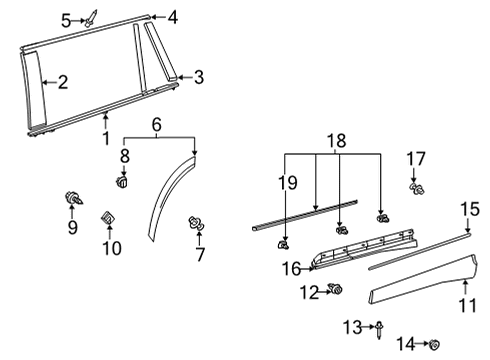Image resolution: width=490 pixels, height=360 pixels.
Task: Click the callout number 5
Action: click(x=65, y=19)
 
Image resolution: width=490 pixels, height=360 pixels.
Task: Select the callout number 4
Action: click(x=172, y=17)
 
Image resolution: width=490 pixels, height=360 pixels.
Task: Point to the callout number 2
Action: click(x=62, y=83)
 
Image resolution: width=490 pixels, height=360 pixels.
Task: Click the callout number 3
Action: click(x=198, y=77)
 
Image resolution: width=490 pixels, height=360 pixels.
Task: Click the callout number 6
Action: click(x=156, y=124)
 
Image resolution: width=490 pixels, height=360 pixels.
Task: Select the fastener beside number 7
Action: click(x=196, y=226)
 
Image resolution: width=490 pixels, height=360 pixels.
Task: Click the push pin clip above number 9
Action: click(x=73, y=197)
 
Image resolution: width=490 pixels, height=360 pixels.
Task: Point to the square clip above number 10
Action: click(x=109, y=218)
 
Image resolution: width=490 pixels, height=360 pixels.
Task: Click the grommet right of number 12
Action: click(x=336, y=291)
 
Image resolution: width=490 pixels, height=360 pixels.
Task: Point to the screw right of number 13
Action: click(x=381, y=326)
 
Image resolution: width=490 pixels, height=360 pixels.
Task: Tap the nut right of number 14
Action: click(x=434, y=345)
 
